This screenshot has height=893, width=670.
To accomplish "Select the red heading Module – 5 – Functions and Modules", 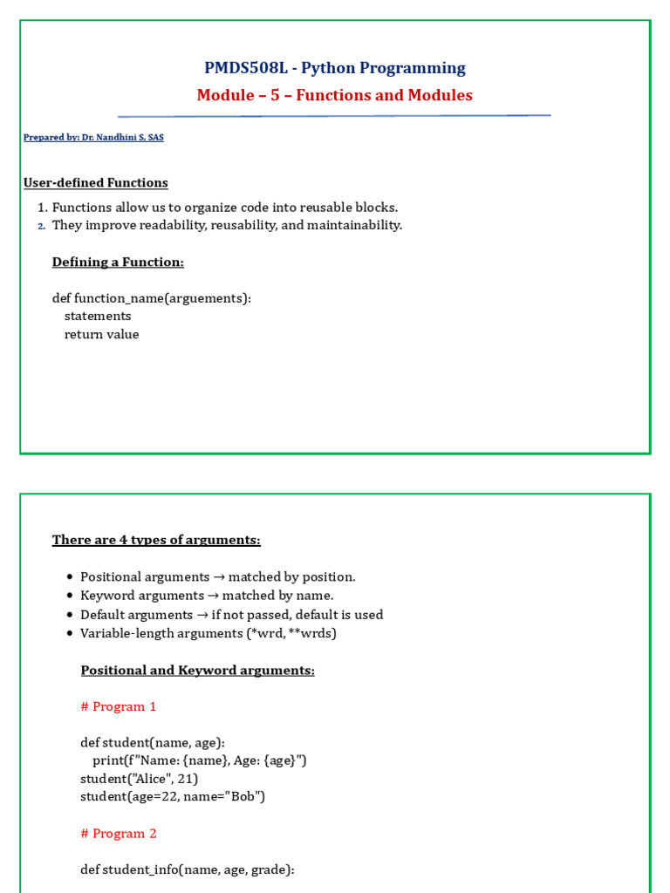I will point(335,95).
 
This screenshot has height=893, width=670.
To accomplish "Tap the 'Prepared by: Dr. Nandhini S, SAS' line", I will point(93,137).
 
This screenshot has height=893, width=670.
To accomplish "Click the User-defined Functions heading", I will point(96,182).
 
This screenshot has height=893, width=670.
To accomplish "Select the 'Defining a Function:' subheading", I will point(118,262).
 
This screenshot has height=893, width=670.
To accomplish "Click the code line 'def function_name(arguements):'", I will point(152,298).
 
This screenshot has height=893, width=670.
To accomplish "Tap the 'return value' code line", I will point(101,334).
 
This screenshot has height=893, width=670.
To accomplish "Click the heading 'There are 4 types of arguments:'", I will point(156,540).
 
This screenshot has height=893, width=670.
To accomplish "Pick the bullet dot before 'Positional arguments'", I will point(69,578).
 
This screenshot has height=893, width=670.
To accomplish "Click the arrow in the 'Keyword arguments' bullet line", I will point(213,596).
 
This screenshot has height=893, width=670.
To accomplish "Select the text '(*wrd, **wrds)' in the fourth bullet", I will point(292,633).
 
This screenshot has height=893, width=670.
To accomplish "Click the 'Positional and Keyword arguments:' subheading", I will point(197,670).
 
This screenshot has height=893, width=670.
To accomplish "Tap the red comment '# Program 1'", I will point(119,706).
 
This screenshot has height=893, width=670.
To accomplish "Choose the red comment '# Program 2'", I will point(119,833).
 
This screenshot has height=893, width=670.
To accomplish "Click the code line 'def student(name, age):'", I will point(153,742).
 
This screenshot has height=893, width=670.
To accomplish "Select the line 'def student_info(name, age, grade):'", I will point(188,869).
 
